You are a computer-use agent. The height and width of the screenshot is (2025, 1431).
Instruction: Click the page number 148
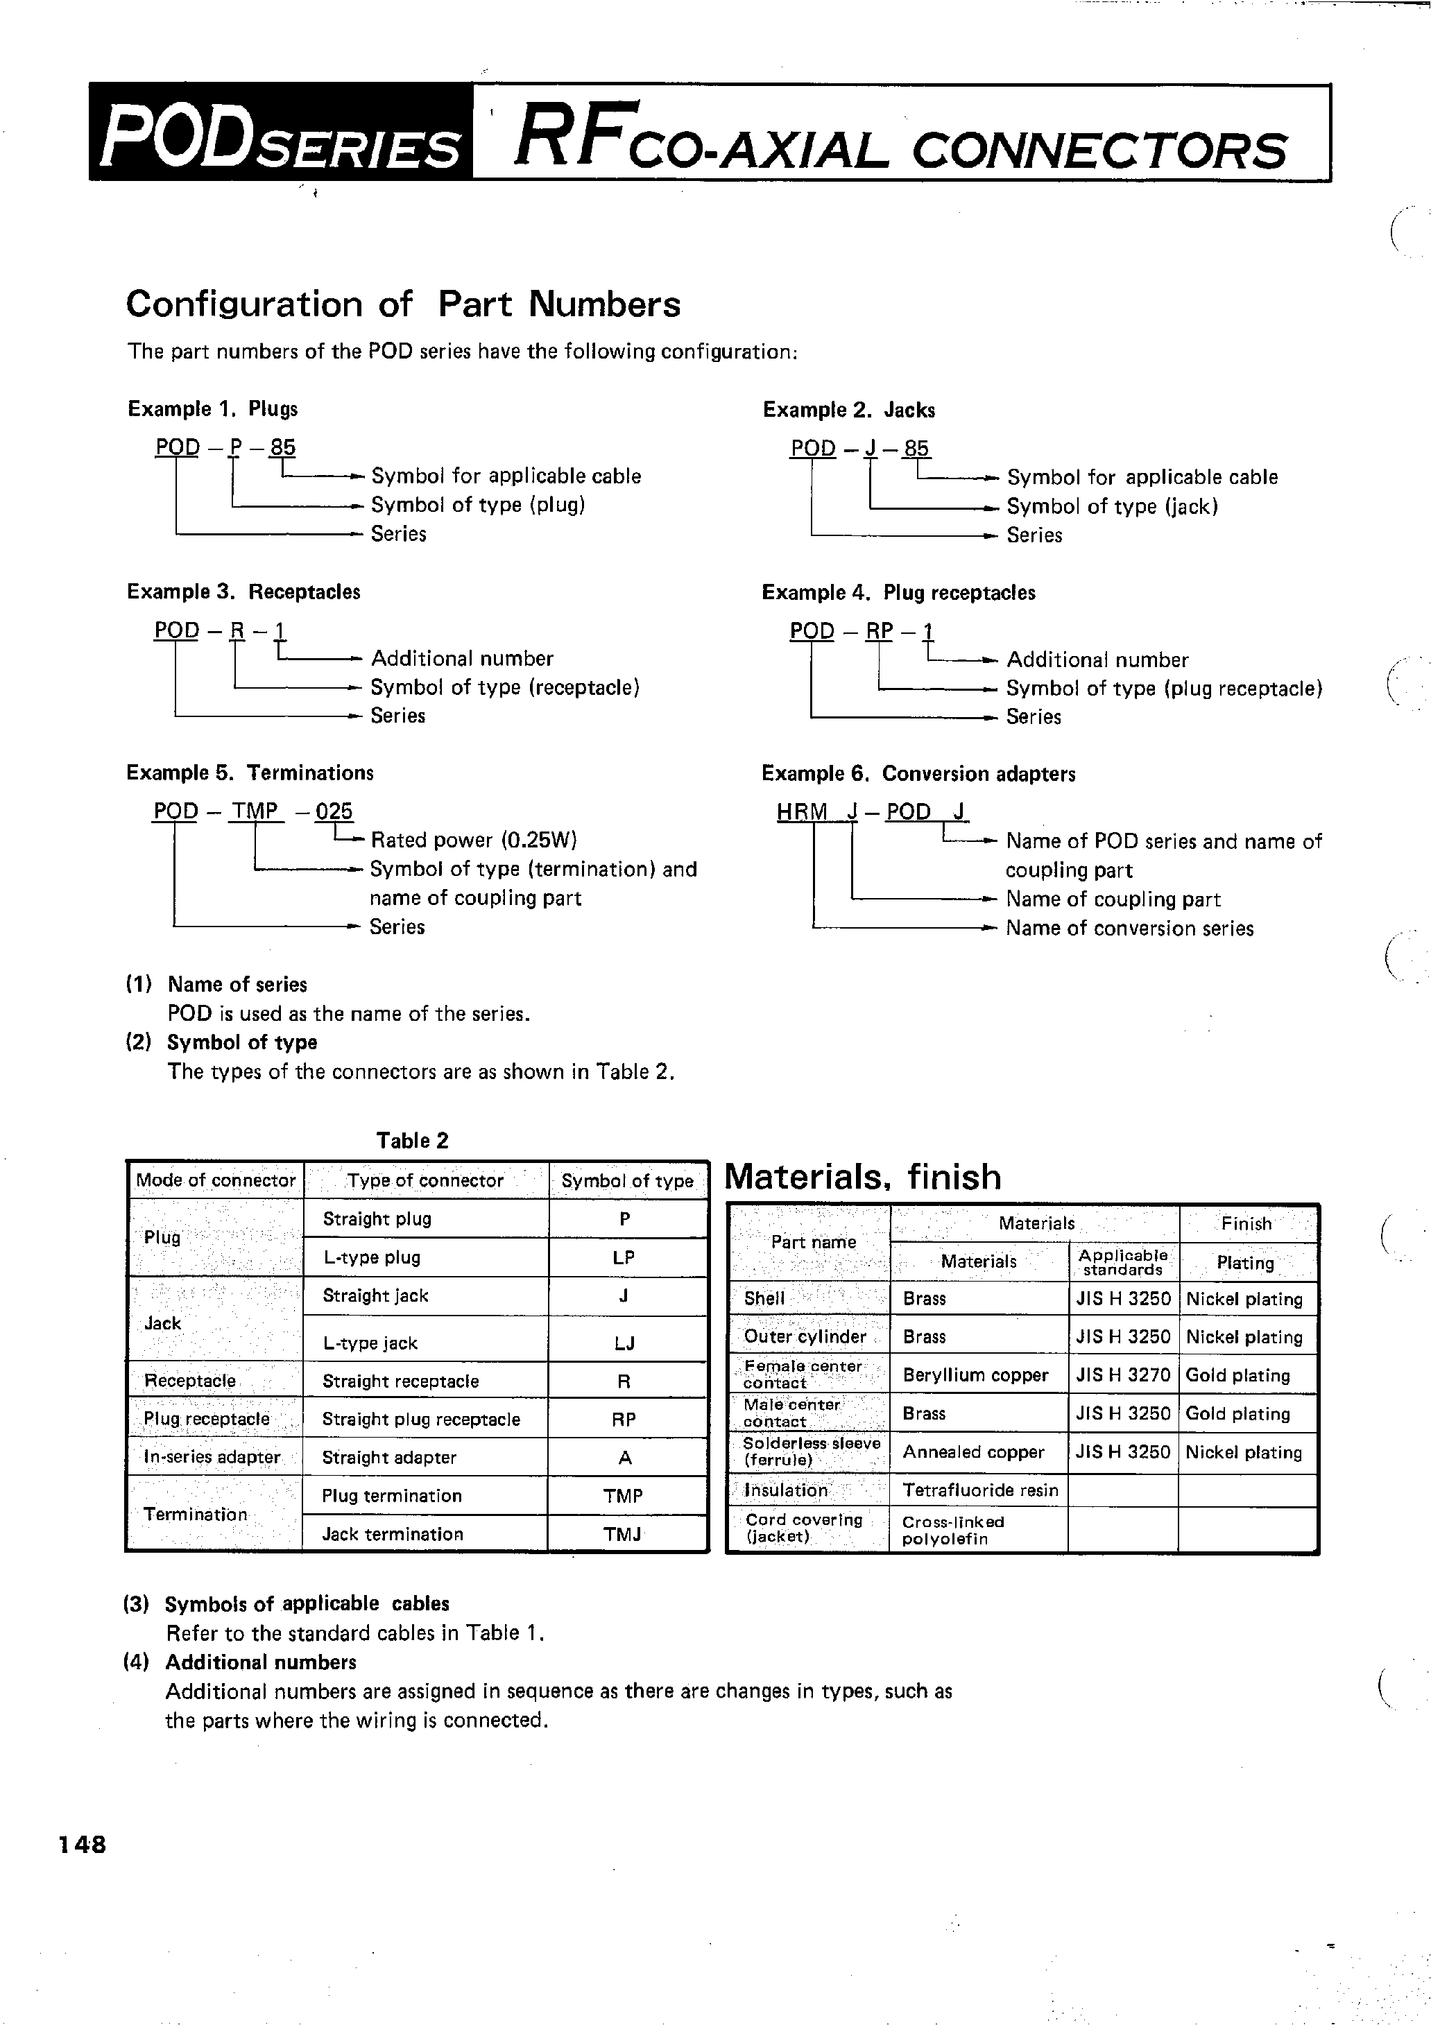(x=82, y=1844)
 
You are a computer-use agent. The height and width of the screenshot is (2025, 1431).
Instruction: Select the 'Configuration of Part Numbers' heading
(x=402, y=304)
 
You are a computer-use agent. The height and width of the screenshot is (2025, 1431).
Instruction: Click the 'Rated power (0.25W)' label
(x=474, y=840)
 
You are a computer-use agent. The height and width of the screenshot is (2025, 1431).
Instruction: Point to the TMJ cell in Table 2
(x=622, y=1534)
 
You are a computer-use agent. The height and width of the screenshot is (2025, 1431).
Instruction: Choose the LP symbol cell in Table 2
(x=623, y=1258)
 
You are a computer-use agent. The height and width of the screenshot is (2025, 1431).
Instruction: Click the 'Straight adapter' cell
(x=389, y=1458)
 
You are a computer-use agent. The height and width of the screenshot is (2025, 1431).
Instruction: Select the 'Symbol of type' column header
(x=627, y=1181)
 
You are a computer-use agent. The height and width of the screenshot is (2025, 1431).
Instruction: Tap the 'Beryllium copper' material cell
(x=975, y=1375)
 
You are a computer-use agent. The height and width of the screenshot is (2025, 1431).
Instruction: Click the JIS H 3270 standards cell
(x=1122, y=1375)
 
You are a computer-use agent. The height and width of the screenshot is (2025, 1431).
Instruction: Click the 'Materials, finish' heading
(x=863, y=1178)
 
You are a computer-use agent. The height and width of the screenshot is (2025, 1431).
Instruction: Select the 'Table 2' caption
(x=412, y=1140)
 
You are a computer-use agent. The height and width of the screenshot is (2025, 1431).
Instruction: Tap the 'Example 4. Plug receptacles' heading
(x=898, y=593)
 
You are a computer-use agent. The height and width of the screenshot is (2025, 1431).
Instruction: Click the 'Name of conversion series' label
(x=1129, y=928)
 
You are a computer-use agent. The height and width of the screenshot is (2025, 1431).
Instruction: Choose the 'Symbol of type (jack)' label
(x=1112, y=506)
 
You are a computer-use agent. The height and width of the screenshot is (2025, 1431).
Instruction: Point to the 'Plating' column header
(x=1245, y=1262)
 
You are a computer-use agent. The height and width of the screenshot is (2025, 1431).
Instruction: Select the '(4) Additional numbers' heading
(x=240, y=1662)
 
